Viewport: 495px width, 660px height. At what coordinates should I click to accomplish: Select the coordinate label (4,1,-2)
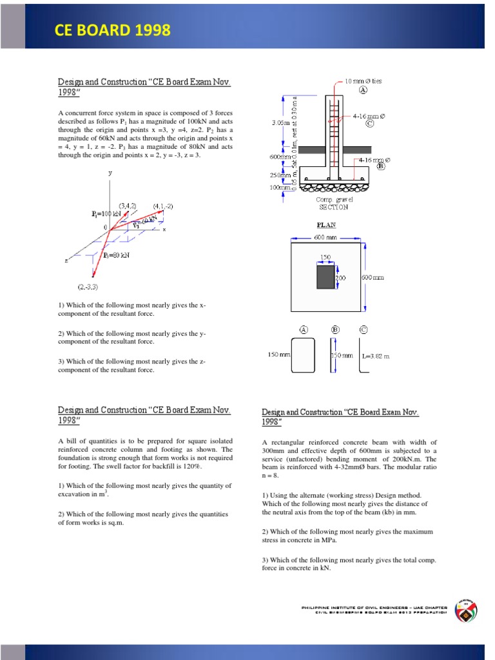[162, 206]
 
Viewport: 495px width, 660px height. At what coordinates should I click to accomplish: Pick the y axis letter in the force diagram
[110, 173]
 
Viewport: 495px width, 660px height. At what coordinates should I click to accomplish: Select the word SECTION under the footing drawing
[333, 207]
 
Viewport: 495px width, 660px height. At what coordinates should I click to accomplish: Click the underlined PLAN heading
[325, 226]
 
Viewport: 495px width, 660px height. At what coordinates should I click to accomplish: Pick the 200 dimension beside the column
[340, 277]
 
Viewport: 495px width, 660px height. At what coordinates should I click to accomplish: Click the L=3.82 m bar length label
[376, 355]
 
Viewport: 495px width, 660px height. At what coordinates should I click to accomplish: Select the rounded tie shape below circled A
[303, 355]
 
